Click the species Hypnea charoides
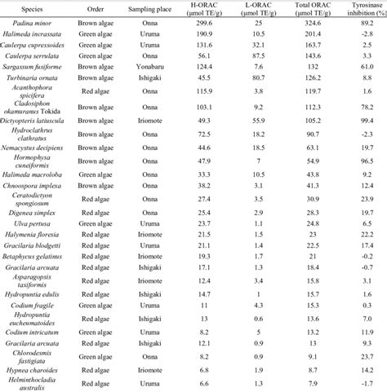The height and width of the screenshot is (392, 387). [42, 367]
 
